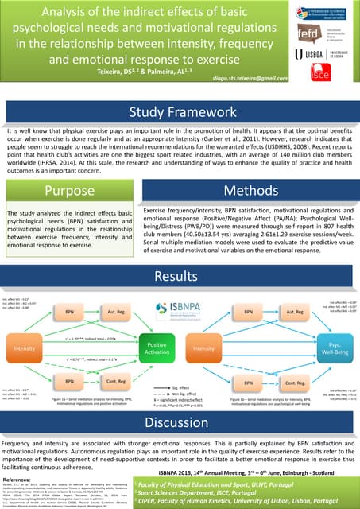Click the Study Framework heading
coord(180,111)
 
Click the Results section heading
coord(180,276)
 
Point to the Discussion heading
coord(180,421)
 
